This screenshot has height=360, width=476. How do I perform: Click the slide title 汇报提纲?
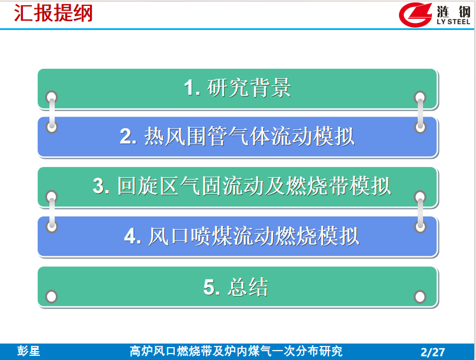click(53, 13)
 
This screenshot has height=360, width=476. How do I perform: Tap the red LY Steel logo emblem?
click(415, 15)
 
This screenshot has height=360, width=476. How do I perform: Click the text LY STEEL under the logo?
click(454, 22)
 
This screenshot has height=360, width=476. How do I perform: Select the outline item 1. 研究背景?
click(237, 88)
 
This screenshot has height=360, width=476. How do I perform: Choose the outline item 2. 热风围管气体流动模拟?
click(237, 137)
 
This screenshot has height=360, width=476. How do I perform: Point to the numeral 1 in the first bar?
click(189, 88)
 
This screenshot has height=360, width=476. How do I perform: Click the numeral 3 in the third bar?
click(99, 186)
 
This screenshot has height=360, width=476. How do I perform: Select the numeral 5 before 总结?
click(209, 287)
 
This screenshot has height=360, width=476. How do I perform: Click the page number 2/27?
click(432, 352)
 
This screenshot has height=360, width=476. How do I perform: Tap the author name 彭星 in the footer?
click(28, 351)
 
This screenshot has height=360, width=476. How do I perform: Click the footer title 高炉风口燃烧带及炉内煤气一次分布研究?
click(236, 351)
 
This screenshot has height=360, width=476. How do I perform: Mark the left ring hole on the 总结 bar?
click(51, 296)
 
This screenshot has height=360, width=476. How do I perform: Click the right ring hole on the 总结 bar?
click(420, 296)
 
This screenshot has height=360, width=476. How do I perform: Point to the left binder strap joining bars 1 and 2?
click(52, 112)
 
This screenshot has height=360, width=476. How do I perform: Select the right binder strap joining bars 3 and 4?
click(420, 212)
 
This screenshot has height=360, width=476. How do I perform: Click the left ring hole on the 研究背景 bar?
click(52, 97)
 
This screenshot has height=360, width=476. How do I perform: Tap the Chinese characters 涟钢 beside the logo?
click(454, 12)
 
